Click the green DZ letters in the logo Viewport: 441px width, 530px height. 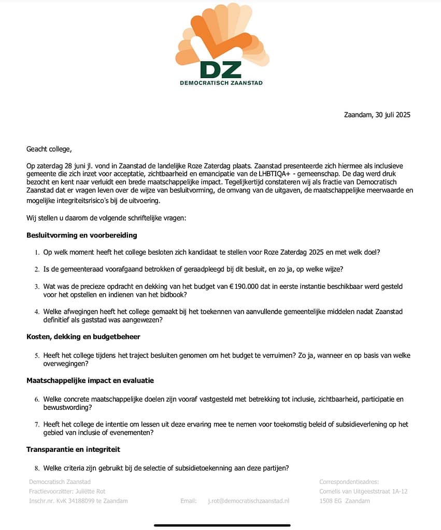(220, 69)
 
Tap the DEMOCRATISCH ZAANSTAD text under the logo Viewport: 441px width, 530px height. (221, 83)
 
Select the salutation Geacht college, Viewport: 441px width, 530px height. (49, 149)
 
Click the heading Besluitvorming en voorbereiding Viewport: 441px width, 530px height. (81, 235)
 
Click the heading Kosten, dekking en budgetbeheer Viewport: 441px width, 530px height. (83, 336)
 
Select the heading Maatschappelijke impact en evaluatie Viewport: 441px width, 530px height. (90, 380)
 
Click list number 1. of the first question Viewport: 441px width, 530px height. (37, 253)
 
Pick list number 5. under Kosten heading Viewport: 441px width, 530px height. (37, 356)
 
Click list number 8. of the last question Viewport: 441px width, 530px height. (37, 468)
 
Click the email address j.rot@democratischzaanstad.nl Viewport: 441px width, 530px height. (249, 500)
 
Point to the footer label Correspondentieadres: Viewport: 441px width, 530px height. (349, 482)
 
